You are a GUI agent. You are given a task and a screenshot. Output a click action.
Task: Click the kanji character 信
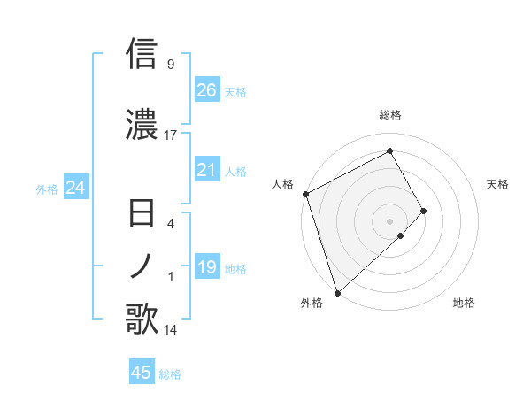[x=142, y=53]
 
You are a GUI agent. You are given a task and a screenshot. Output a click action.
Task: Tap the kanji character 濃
[x=142, y=123]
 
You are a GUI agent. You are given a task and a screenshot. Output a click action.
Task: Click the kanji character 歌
[x=142, y=320]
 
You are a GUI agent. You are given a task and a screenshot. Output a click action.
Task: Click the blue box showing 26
[x=206, y=89]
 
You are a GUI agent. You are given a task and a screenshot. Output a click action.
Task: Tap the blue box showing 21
[x=206, y=170]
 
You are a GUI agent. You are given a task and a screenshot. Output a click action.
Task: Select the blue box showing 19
[x=206, y=267]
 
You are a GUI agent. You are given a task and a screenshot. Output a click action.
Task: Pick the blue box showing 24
[x=75, y=187]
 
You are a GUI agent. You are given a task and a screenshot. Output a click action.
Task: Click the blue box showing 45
[x=142, y=373]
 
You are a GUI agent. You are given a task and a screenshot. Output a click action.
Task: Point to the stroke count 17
[x=171, y=135]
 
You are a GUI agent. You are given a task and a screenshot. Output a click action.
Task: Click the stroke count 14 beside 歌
[x=171, y=330]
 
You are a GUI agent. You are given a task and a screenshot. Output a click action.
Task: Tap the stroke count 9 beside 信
[x=171, y=64]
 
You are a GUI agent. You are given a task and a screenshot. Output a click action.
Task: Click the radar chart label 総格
[x=390, y=115]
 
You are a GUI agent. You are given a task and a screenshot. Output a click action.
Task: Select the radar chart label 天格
[x=498, y=184]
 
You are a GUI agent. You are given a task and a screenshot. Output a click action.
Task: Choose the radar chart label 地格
[x=464, y=304]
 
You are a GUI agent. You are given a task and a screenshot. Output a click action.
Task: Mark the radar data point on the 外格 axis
[x=336, y=292]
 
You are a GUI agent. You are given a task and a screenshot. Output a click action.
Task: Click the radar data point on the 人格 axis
[x=305, y=194]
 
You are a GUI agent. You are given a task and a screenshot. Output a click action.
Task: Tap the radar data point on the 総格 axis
[x=390, y=150]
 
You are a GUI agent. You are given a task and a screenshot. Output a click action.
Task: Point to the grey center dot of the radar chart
[x=390, y=220]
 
